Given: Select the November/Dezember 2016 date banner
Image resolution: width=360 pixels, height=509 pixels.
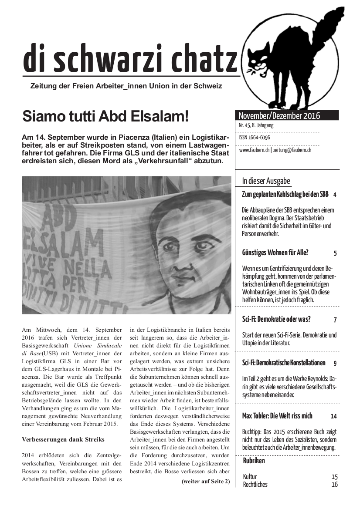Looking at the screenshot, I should [279, 116].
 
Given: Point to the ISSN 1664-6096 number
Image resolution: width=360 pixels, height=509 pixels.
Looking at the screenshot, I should [255, 138].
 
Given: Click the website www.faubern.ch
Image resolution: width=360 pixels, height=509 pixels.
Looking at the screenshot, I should [254, 150].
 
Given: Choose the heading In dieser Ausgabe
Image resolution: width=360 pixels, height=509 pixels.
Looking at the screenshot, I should [266, 181].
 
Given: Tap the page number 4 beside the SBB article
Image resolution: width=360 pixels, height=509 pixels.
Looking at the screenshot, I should [335, 195].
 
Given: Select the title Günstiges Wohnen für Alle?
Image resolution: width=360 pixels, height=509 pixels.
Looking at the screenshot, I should [275, 253].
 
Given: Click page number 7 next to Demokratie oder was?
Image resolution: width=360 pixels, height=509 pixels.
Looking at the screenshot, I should [335, 320].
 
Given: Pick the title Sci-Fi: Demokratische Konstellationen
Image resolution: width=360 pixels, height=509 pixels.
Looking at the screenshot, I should [284, 363].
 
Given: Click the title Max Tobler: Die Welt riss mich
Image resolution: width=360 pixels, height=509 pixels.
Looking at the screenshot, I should [277, 416].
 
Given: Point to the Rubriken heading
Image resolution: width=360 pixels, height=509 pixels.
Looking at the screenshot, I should [254, 461].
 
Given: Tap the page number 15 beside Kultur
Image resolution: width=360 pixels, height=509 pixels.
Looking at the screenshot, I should [334, 477].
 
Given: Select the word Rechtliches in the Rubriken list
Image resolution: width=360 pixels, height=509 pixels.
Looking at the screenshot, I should [255, 484].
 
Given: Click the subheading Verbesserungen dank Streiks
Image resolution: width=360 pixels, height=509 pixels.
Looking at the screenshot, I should [63, 439].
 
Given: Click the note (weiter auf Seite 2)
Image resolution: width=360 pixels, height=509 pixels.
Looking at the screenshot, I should [205, 481].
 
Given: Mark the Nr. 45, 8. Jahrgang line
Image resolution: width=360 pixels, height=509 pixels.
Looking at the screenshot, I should [256, 125].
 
